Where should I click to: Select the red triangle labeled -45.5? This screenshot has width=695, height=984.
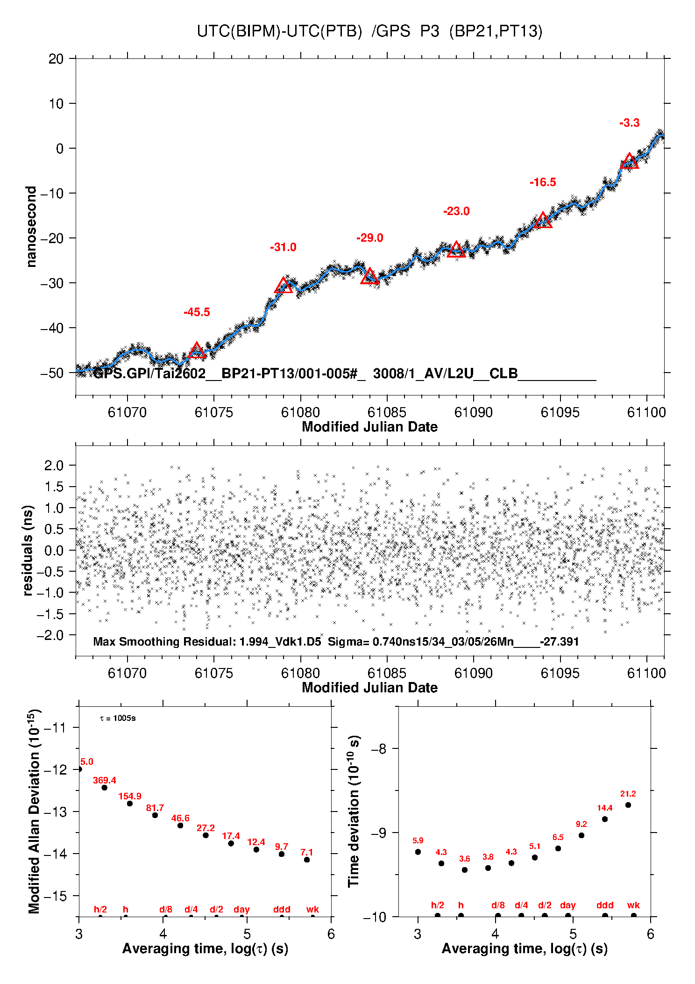click(x=197, y=351)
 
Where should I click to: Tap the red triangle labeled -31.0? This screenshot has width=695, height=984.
click(x=284, y=286)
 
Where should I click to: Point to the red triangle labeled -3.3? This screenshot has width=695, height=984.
click(x=629, y=161)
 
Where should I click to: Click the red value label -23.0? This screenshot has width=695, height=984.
click(x=456, y=211)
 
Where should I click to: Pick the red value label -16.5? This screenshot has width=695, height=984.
click(x=543, y=182)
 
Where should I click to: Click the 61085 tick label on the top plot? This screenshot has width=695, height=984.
click(x=387, y=412)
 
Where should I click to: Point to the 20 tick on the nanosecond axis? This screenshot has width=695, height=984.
click(x=56, y=59)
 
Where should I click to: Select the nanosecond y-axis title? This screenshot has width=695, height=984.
click(x=31, y=226)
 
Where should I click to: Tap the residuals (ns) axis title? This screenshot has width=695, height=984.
click(x=28, y=551)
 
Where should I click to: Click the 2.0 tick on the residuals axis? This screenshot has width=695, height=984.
click(x=54, y=465)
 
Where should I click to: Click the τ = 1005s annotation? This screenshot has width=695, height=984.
click(x=118, y=718)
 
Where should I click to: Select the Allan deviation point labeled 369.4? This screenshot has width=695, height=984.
click(x=105, y=788)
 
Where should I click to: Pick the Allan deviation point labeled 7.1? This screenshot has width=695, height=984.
click(x=307, y=860)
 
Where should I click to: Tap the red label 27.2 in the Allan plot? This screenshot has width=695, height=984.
click(x=206, y=828)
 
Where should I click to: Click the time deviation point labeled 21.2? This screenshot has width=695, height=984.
click(x=628, y=805)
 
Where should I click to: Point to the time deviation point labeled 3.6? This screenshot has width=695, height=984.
click(x=465, y=870)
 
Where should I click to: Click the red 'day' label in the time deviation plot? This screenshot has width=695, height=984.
click(x=568, y=905)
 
